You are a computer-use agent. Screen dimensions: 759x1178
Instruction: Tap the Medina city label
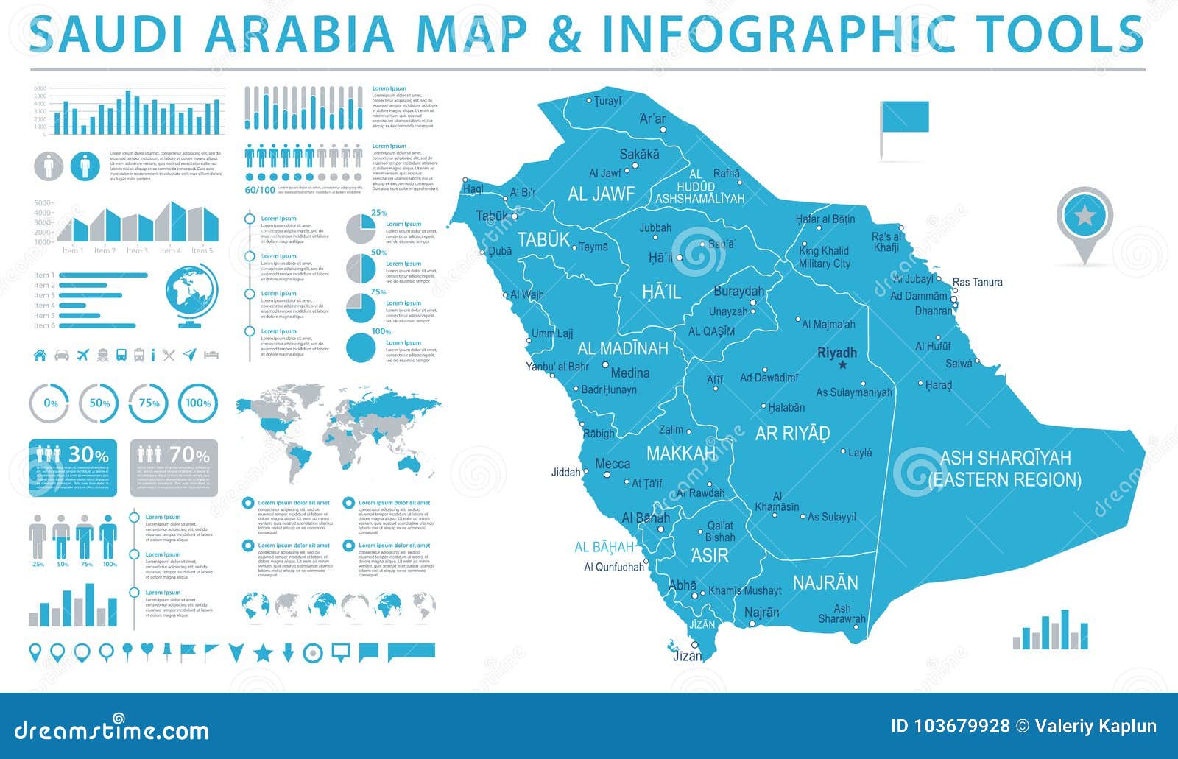tap(629, 373)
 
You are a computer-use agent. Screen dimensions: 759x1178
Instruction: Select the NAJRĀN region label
tap(825, 583)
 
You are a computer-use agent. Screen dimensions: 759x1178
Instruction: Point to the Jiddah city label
tap(565, 473)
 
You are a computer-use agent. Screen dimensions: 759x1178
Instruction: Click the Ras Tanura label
tap(977, 282)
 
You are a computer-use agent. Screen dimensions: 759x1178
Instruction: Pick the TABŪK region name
tap(543, 239)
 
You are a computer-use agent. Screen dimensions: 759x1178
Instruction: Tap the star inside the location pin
tap(1084, 216)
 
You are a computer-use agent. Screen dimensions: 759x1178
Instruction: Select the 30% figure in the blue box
tap(88, 456)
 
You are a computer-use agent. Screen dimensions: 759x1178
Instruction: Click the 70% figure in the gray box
tap(189, 456)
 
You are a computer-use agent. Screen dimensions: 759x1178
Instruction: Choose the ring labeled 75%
tap(149, 403)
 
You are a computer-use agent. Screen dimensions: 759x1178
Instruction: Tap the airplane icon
tap(82, 356)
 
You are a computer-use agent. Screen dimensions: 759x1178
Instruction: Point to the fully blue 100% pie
tap(360, 348)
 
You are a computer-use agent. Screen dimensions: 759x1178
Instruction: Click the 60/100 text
tap(259, 190)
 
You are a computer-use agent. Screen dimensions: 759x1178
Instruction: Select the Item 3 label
tap(44, 295)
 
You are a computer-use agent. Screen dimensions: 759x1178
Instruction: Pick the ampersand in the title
tap(565, 35)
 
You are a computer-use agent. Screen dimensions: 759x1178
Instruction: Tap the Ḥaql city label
tap(472, 189)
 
